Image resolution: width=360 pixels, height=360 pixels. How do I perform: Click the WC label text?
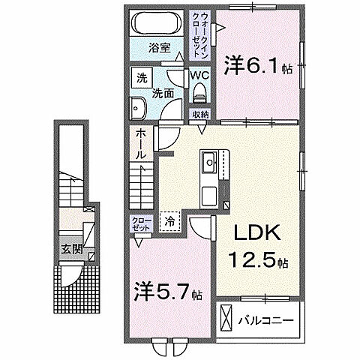pos(199,76)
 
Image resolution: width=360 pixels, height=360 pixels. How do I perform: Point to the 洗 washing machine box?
pos(141,77)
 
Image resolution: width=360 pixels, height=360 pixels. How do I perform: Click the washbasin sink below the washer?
pos(138,108)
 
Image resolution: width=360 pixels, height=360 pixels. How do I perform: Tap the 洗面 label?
pos(163,94)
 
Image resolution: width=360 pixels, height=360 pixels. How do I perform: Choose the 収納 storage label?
pos(199,114)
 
